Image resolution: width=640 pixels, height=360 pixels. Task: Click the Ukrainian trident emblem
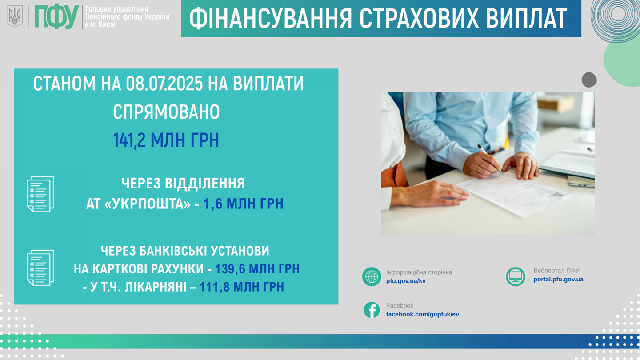coord(15,16)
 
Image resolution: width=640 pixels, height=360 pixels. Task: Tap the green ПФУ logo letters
coord(56,17)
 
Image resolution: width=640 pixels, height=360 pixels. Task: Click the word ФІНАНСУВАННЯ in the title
coord(270,19)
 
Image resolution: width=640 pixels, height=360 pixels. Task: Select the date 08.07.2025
coord(164,84)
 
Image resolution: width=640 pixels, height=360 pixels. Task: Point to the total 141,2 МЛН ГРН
coord(166,140)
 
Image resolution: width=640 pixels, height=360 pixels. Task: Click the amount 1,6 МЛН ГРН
coord(243,204)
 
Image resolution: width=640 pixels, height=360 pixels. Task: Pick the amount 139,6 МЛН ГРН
coord(257,269)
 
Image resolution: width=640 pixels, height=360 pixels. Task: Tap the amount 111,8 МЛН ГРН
coord(242,287)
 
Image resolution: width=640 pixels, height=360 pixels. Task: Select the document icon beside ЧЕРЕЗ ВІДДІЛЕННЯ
coord(40,194)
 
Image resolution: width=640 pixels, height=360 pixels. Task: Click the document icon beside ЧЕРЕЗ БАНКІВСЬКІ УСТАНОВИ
coord(40,268)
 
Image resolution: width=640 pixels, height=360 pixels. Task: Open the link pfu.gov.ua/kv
coord(406,281)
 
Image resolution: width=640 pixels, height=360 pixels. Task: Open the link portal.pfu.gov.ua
coord(558,280)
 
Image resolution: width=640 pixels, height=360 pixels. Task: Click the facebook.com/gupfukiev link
coord(422,314)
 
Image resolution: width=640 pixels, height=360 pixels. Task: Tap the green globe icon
coord(372,276)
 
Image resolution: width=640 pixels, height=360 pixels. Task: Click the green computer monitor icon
coord(516,276)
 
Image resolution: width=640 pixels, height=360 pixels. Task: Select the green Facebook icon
coord(372,310)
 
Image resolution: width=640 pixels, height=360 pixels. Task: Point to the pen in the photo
coord(490,159)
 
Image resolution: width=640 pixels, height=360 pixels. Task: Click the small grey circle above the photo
coord(589,80)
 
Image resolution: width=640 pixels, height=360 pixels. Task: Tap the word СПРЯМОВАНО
coord(166,112)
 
